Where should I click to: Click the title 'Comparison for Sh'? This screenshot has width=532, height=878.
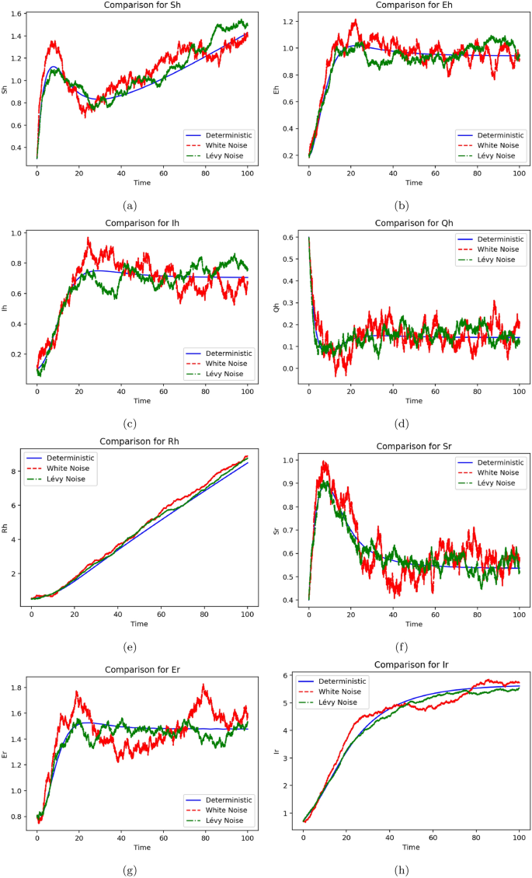[x=141, y=5]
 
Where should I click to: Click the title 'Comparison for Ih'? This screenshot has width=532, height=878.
[x=141, y=222]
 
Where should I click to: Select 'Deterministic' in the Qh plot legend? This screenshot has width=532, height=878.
[x=497, y=238]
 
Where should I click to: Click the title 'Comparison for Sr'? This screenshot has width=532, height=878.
[x=413, y=446]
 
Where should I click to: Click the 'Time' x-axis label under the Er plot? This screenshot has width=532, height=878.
[x=141, y=847]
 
